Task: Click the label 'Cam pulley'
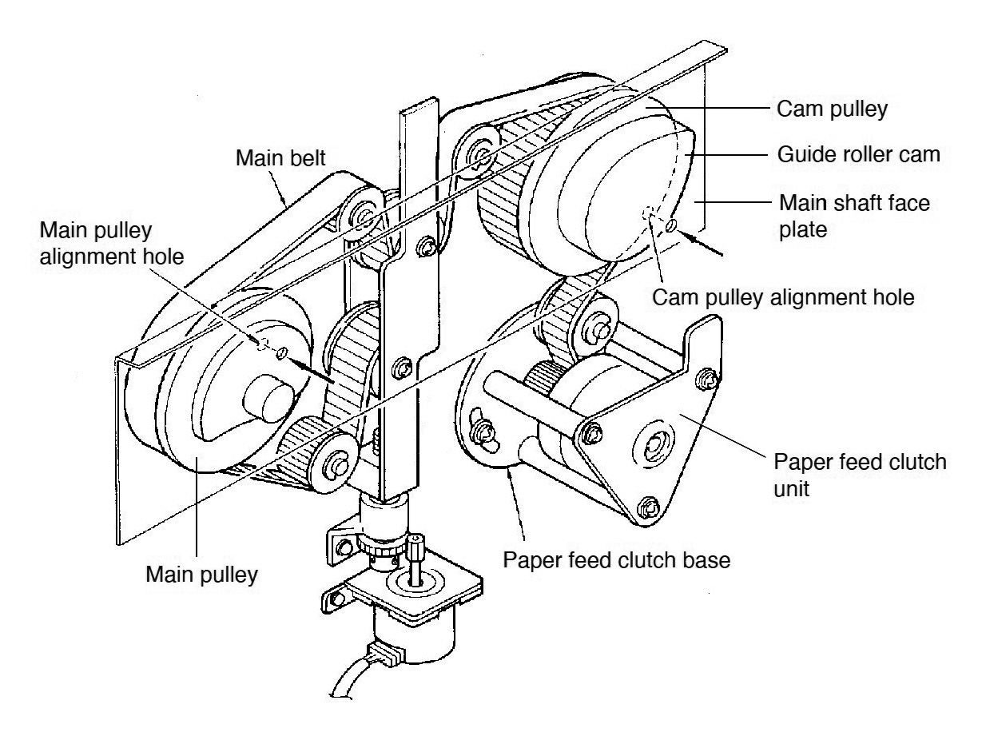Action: pyautogui.click(x=832, y=110)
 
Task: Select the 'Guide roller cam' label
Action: pyautogui.click(x=859, y=155)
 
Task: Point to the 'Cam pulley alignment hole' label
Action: pyautogui.click(x=783, y=297)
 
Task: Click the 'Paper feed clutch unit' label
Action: pyautogui.click(x=859, y=475)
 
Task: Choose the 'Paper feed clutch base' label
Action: pyautogui.click(x=616, y=559)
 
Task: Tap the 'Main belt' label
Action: pyautogui.click(x=280, y=158)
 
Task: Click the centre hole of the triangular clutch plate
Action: pyautogui.click(x=657, y=440)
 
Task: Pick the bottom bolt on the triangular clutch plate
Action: pyautogui.click(x=650, y=505)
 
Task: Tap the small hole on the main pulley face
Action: pyautogui.click(x=280, y=352)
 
